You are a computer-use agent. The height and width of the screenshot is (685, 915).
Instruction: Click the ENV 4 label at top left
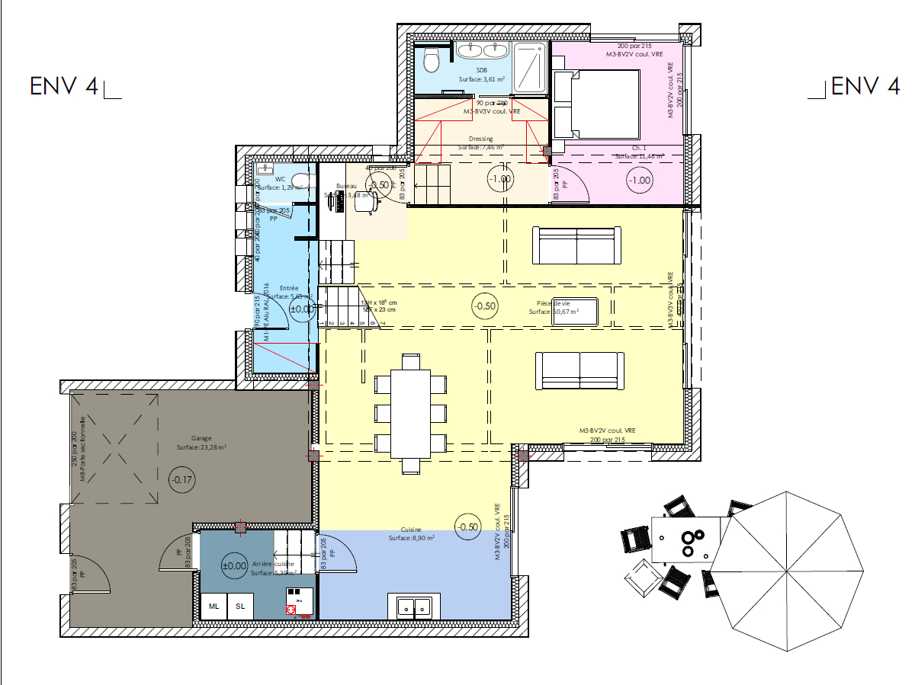[64, 85]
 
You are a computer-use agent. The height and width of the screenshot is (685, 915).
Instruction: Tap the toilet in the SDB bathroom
[433, 59]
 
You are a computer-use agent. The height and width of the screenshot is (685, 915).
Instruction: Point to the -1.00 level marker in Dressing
[500, 179]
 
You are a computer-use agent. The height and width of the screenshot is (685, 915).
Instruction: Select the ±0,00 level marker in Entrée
[302, 309]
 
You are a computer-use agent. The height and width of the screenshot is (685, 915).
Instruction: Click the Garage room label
[201, 439]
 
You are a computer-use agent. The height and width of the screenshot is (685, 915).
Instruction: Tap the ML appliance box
[214, 606]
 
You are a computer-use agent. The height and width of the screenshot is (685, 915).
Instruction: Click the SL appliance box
[240, 606]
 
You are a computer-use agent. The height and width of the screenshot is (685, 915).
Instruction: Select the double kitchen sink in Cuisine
[414, 607]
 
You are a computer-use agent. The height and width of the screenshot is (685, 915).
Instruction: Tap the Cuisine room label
[411, 530]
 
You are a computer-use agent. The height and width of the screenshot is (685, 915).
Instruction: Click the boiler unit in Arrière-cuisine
[295, 600]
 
